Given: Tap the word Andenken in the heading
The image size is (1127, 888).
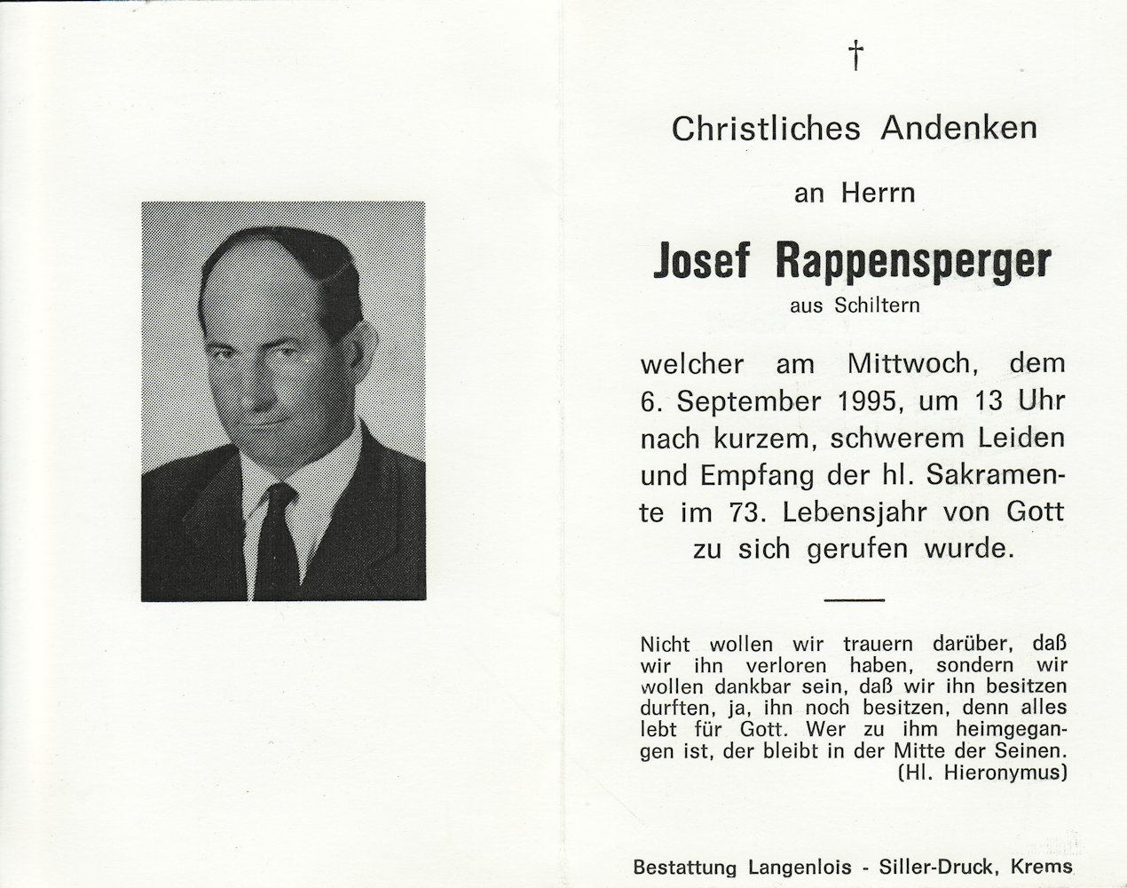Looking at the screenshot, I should coord(958,129).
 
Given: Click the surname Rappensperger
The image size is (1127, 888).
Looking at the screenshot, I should coord(913,261).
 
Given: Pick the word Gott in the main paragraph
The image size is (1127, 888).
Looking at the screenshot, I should coord(1034,512).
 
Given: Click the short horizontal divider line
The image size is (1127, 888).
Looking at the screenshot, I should coord(855,600).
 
